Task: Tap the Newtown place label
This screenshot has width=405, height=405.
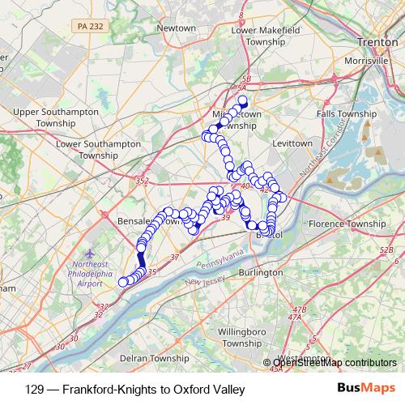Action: pos(176,28)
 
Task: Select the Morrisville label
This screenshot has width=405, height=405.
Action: pos(373,62)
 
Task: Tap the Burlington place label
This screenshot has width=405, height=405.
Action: pos(261,273)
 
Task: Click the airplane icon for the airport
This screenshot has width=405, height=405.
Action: pos(89,254)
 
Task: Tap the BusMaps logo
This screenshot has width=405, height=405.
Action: pos(364,388)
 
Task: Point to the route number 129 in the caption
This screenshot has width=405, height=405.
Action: pos(34,389)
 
